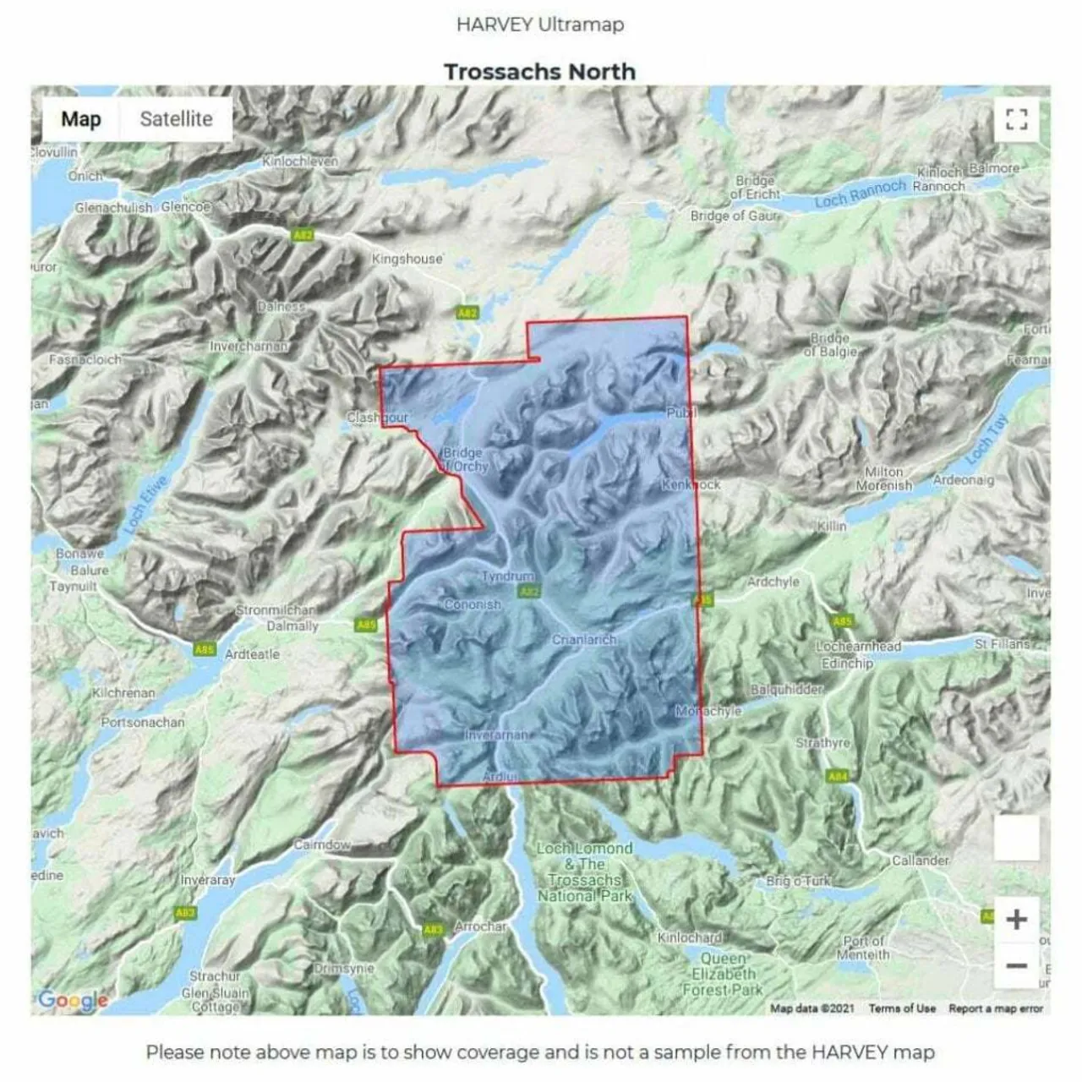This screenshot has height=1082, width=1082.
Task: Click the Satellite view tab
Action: click(x=176, y=119)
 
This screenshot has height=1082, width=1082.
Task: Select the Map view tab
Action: click(x=81, y=119)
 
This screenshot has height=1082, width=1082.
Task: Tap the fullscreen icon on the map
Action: click(x=1017, y=119)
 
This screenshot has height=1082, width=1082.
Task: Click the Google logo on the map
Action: click(x=73, y=1000)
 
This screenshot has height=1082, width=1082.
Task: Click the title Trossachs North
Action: click(x=539, y=72)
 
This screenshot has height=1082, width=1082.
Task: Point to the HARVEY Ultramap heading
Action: click(x=539, y=25)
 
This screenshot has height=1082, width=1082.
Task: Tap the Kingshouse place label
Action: click(x=407, y=259)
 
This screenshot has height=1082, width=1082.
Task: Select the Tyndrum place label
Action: click(x=507, y=577)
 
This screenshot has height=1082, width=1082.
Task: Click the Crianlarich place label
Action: click(x=583, y=639)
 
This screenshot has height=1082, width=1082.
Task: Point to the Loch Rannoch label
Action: click(x=860, y=195)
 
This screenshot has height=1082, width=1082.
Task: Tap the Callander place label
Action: click(x=921, y=861)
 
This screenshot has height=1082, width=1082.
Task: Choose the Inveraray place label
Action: click(x=208, y=880)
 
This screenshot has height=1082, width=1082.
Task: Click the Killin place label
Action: click(x=831, y=526)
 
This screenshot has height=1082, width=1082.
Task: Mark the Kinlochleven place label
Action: click(x=300, y=161)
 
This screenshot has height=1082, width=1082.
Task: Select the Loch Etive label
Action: click(x=145, y=506)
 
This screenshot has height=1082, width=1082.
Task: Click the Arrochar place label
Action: click(x=481, y=926)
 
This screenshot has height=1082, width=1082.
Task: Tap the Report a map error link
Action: click(x=996, y=1008)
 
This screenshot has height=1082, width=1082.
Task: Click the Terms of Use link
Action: click(x=902, y=1008)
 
